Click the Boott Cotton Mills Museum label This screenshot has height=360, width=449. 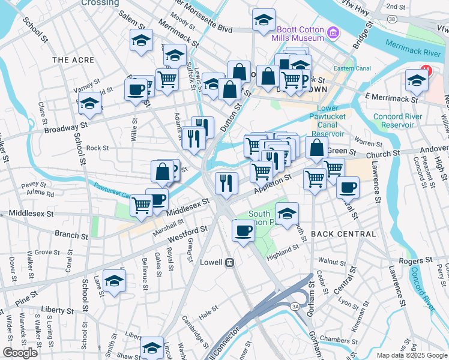click(300, 32)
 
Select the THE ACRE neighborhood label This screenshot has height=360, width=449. click(73, 60)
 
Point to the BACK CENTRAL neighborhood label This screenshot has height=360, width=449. click(344, 234)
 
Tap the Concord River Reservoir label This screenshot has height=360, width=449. click(393, 121)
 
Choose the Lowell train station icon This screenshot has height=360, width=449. click(229, 262)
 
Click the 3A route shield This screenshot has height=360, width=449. click(295, 307)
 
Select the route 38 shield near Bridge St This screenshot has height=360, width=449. click(391, 19)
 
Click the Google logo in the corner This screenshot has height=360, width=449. click(20, 353)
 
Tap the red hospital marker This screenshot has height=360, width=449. click(426, 70)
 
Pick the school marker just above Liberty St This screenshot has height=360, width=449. click(114, 280)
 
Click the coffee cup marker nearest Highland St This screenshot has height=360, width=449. click(243, 230)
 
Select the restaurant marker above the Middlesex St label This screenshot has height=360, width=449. click(226, 182)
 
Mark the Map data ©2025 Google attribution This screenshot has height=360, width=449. click(412, 355)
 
